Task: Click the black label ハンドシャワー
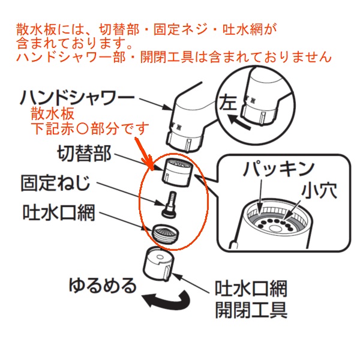[x=77, y=97]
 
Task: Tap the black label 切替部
[x=84, y=154]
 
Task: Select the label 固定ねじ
[x=55, y=183]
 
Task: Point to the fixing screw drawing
[x=170, y=204]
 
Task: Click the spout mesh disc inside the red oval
[x=166, y=233]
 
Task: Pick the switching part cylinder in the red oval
[x=178, y=172]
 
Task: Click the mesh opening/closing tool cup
[x=158, y=264]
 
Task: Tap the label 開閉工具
[x=251, y=310]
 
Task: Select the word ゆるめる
[x=103, y=286]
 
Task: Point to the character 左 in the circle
[x=227, y=103]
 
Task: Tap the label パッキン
[x=278, y=169]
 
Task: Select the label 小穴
[x=319, y=190]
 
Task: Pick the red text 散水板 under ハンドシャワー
[x=53, y=113]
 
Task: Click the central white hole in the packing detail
[x=275, y=229]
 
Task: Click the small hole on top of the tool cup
[x=160, y=257]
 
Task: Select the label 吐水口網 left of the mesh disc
[x=59, y=212]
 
